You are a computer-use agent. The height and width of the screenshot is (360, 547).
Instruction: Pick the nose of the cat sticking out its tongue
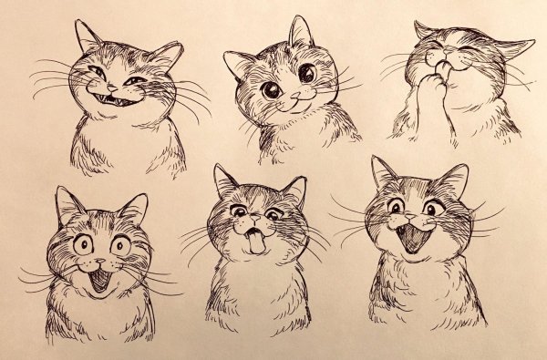(x=256, y=224)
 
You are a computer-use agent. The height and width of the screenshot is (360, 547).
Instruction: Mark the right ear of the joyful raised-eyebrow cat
(x=453, y=178)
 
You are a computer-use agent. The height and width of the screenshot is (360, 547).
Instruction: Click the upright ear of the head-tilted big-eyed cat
(x=299, y=33)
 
